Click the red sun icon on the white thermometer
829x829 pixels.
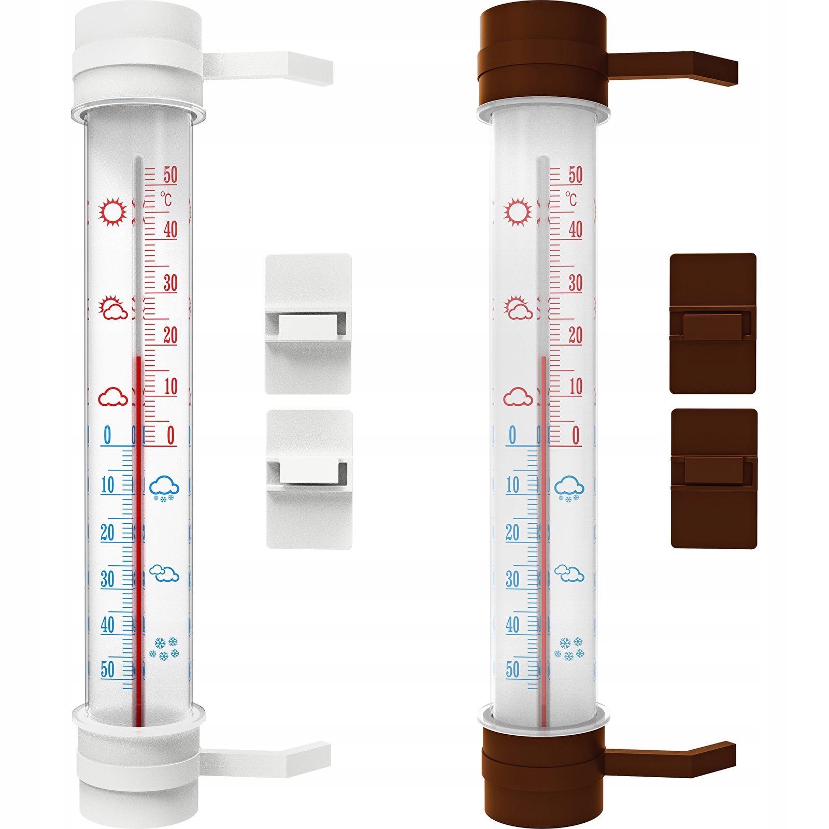pos(113,211)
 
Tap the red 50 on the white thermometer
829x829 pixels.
pos(170,175)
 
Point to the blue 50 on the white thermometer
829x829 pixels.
pos(107,669)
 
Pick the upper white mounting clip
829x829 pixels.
pos(308,324)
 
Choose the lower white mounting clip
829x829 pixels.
pos(309,479)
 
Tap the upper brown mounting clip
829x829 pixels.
pos(713,323)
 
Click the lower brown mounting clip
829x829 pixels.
pos(714,478)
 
